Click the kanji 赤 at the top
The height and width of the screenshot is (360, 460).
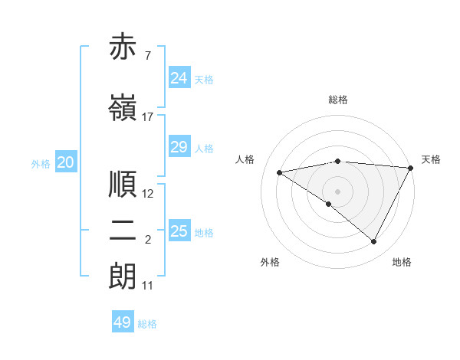tap(123, 48)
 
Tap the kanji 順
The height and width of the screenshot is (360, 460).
tap(123, 184)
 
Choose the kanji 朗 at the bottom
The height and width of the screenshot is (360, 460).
tap(123, 277)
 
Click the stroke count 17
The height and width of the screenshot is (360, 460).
tap(148, 117)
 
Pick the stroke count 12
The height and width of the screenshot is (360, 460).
tap(148, 194)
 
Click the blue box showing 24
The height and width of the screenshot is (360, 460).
tap(179, 78)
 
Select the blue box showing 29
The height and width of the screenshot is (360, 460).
tap(179, 147)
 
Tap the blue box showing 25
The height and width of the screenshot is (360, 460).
tap(179, 231)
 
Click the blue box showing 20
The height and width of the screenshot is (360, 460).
tap(66, 162)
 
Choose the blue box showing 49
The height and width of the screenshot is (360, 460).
tap(123, 322)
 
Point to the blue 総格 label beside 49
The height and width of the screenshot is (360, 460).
tap(147, 324)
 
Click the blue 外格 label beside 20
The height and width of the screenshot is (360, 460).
tap(41, 164)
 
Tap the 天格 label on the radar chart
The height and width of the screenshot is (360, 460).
tap(431, 159)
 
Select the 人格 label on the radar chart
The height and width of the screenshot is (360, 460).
tap(245, 159)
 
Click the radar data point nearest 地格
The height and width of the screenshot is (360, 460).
tap(374, 241)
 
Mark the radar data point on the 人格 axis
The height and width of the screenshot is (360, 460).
tap(280, 172)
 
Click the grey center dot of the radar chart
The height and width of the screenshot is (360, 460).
tap(337, 191)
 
